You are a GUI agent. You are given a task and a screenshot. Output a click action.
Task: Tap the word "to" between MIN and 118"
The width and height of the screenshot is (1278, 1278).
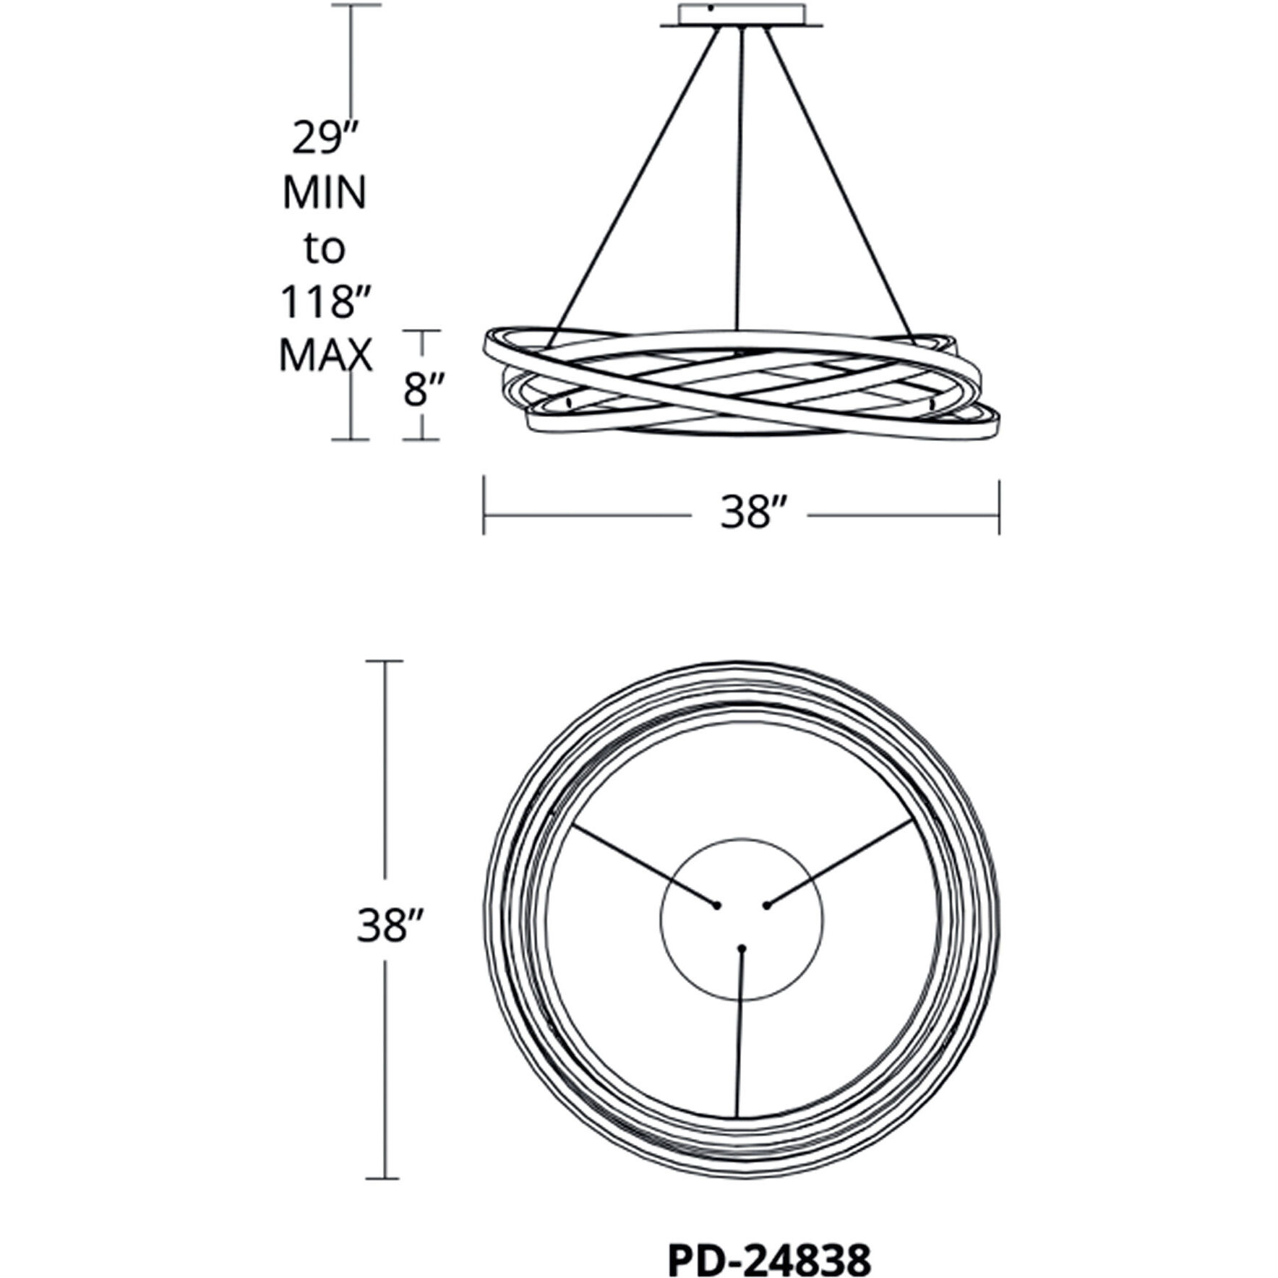(x=324, y=248)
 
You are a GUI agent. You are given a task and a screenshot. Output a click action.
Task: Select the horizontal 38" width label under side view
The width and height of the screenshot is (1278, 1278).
(x=752, y=514)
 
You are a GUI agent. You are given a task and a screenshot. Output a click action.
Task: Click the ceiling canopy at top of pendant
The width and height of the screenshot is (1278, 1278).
(x=741, y=17)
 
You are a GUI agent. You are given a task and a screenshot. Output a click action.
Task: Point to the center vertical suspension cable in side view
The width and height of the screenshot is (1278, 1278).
(x=738, y=189)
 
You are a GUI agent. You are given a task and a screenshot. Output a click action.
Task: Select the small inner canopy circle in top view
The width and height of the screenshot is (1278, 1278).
(x=741, y=919)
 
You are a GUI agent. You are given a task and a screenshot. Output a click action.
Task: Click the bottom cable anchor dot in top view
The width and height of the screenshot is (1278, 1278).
(x=741, y=947)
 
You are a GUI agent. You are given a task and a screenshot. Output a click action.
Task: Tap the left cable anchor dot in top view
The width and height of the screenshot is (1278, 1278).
(x=717, y=905)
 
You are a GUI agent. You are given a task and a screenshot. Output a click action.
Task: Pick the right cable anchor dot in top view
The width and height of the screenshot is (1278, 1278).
(x=766, y=905)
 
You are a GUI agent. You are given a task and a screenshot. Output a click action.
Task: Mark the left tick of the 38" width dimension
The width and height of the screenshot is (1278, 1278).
(x=484, y=504)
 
